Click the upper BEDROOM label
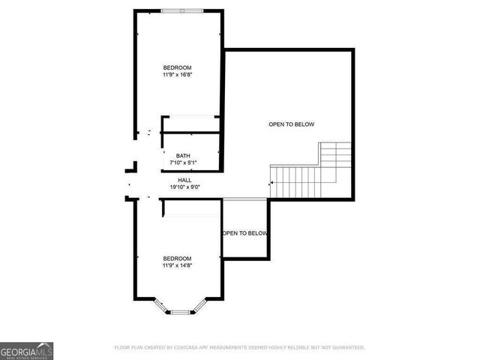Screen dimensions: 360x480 [177, 68]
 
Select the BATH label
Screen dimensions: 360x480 [184, 156]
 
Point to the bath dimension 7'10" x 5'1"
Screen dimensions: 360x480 [184, 163]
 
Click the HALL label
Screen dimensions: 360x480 [184, 180]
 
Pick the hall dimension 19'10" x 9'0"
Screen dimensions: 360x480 [184, 187]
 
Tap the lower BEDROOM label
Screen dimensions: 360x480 [177, 258]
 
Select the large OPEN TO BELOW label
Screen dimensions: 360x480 [291, 124]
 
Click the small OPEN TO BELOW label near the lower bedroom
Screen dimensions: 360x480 [244, 233]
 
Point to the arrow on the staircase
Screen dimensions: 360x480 [272, 182]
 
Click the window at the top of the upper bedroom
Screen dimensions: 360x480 [181, 10]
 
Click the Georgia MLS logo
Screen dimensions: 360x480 [26, 350]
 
